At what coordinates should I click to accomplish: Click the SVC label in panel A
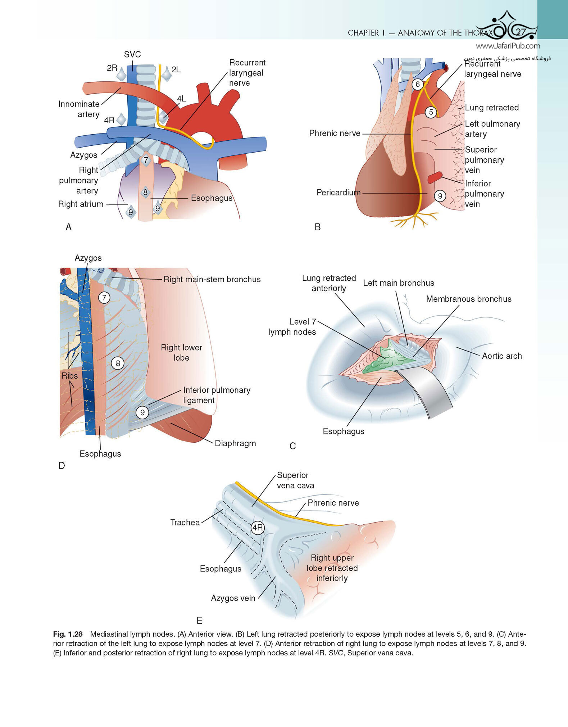132,54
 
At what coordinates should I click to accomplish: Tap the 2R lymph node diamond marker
122,74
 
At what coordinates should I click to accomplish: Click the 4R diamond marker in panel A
121,119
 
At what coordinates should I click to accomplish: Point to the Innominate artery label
79,109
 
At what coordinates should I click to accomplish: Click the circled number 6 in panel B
418,85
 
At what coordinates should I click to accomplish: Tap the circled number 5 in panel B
431,112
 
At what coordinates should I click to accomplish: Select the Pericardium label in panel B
338,193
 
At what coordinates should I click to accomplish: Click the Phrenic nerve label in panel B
335,133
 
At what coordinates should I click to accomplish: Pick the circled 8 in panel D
118,363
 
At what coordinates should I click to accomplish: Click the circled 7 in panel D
104,298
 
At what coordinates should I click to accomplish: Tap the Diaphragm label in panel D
235,443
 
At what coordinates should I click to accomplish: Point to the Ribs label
69,376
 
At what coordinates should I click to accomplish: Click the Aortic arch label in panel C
502,356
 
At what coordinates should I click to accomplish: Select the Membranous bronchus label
469,299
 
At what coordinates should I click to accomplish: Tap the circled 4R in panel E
258,528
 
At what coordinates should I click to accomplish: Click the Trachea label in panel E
185,522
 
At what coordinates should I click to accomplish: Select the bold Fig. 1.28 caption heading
68,634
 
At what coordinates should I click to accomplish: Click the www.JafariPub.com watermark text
508,46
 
